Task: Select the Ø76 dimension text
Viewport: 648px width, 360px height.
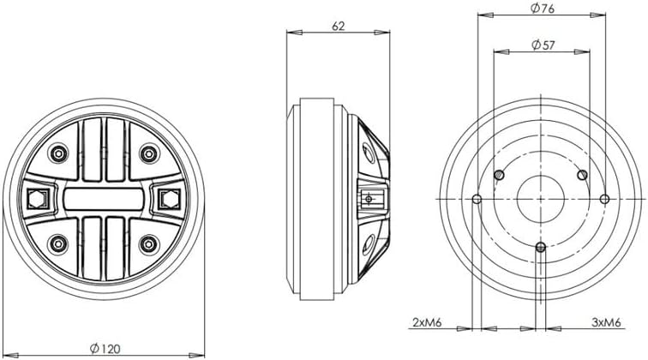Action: tap(541, 9)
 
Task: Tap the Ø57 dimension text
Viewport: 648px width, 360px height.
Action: tap(541, 43)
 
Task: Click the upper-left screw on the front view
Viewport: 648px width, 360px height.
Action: tap(58, 153)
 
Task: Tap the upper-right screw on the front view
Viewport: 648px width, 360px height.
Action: tap(147, 153)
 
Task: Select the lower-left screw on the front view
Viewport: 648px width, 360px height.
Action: tap(58, 243)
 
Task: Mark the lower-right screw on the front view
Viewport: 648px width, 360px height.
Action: tap(147, 243)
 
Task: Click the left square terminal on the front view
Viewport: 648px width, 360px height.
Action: tap(37, 199)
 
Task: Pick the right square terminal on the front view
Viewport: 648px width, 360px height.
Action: tap(169, 199)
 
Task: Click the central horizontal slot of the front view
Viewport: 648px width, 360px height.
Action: tap(103, 199)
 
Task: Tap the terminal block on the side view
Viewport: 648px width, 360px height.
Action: tap(370, 199)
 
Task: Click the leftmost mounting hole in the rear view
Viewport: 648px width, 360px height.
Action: tap(477, 199)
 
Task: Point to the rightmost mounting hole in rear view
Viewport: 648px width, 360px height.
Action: tap(604, 199)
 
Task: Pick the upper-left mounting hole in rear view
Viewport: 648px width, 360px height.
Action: tap(498, 175)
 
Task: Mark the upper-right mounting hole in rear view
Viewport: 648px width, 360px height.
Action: tap(582, 175)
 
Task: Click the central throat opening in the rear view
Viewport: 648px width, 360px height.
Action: tap(540, 199)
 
